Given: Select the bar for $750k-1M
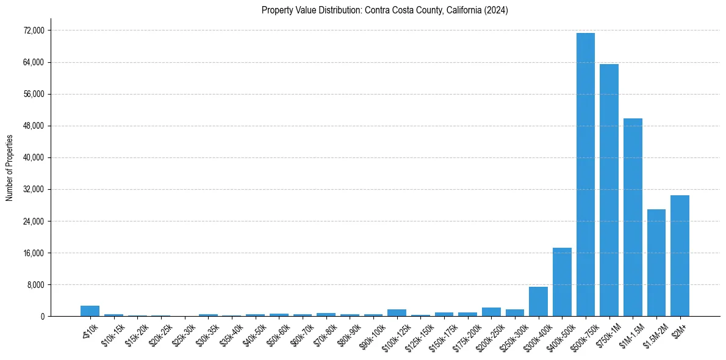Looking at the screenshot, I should (x=609, y=190).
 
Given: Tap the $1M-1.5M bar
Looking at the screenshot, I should (x=633, y=217).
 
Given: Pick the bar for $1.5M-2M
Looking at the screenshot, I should (x=656, y=262).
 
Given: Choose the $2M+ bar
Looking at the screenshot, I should (x=680, y=256).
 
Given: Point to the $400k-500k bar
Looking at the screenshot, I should (x=562, y=282).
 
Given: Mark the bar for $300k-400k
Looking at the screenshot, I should (x=538, y=301).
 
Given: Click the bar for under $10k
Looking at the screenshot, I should (x=90, y=311).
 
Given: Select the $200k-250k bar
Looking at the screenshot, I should (x=491, y=312).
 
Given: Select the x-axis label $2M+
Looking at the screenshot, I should (x=678, y=329).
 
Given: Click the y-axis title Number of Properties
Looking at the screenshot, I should (x=9, y=167).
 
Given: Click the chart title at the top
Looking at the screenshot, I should (x=384, y=10).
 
